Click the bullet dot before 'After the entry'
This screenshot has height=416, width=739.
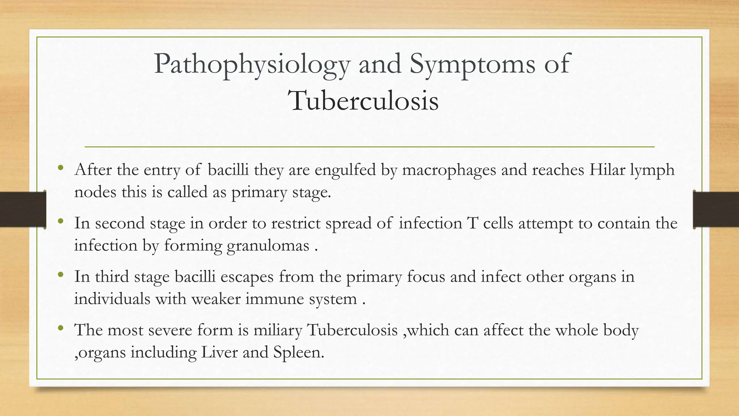pos(60,168)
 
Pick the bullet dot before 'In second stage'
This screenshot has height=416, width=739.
pos(60,221)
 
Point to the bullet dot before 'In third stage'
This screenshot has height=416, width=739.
pos(60,275)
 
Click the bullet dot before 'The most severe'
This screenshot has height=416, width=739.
pos(60,328)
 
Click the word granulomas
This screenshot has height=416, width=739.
pos(268,246)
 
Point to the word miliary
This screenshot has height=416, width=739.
pos(277,331)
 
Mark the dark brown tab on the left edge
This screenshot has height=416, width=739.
pos(22,209)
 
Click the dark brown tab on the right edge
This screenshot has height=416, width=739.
pos(716,209)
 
